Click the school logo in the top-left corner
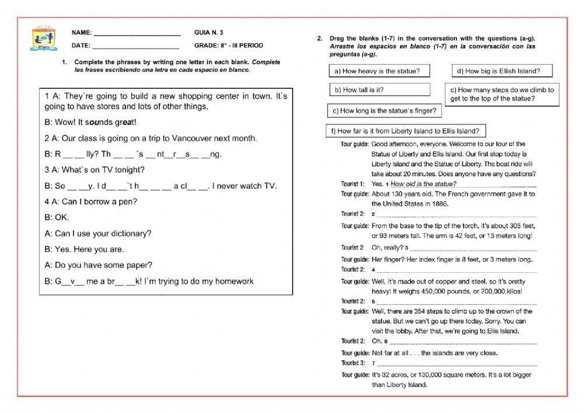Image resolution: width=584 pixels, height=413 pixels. [x=44, y=39]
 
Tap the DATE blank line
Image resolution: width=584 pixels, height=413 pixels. [x=135, y=46]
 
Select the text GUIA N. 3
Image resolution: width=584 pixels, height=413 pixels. [x=208, y=33]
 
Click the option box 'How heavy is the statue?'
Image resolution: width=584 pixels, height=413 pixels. [x=377, y=71]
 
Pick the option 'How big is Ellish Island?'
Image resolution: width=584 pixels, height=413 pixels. [x=502, y=71]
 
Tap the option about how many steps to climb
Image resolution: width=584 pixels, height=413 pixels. [x=502, y=94]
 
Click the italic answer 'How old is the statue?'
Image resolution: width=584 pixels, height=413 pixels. [x=423, y=183]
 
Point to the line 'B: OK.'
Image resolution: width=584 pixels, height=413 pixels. [x=57, y=217]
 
